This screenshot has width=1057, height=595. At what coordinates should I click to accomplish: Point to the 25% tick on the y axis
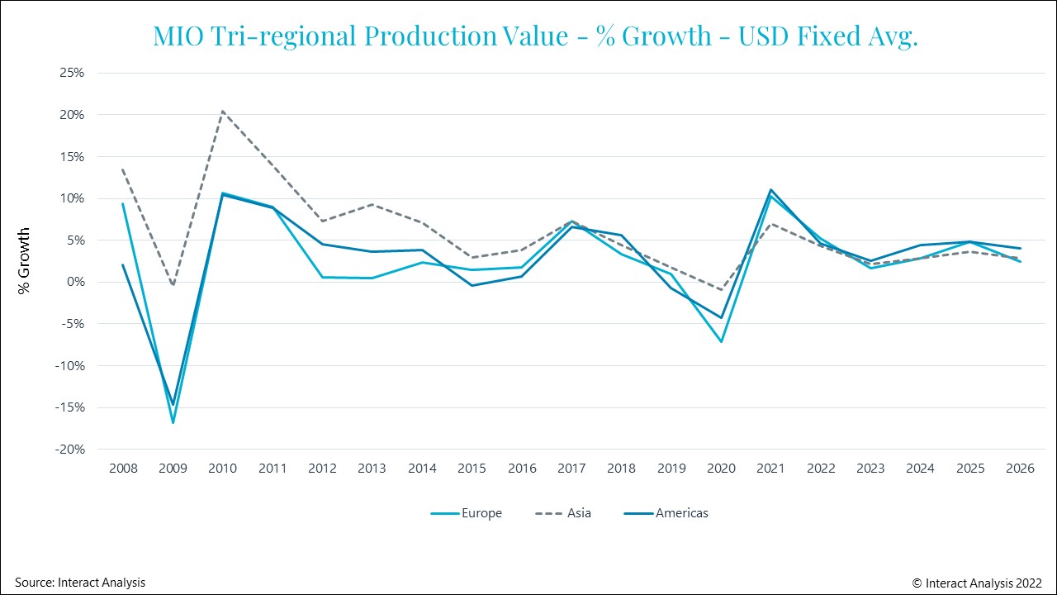click(72, 73)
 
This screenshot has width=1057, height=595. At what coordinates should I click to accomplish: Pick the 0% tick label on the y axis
click(74, 282)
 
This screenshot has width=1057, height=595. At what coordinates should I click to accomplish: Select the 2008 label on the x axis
click(123, 469)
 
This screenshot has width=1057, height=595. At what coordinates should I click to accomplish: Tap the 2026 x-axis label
click(1020, 469)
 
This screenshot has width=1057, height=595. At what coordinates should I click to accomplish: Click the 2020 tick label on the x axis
click(721, 469)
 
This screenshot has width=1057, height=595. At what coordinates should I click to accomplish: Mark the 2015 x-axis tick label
click(472, 469)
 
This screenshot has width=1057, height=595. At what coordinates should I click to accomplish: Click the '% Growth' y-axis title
click(25, 261)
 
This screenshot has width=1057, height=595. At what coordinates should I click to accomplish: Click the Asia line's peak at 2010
click(223, 111)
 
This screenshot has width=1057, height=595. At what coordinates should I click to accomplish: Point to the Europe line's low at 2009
click(173, 423)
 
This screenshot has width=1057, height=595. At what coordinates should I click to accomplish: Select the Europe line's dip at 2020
click(721, 341)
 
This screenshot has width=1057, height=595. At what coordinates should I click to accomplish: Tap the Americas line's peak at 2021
click(770, 189)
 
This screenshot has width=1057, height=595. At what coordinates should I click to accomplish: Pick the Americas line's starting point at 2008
click(123, 265)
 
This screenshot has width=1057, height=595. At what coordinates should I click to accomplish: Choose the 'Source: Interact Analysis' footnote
click(80, 583)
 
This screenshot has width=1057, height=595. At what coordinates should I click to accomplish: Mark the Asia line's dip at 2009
click(173, 285)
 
